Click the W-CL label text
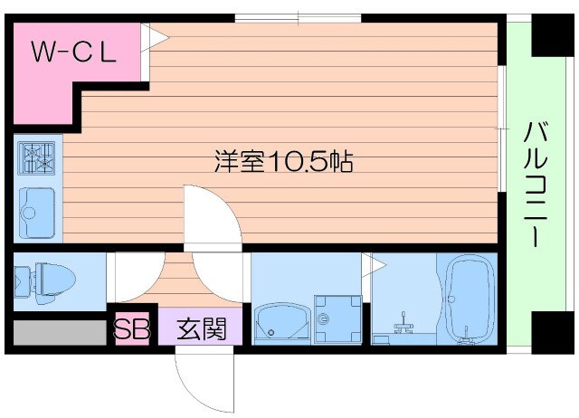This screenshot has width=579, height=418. pyautogui.click(x=74, y=52)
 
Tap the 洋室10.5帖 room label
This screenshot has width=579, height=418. pyautogui.click(x=282, y=162)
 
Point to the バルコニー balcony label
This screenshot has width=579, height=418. pyautogui.click(x=536, y=186)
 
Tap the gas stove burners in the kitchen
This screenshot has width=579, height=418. pyautogui.click(x=37, y=159)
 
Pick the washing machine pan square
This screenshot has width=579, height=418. pyautogui.click(x=337, y=319)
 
